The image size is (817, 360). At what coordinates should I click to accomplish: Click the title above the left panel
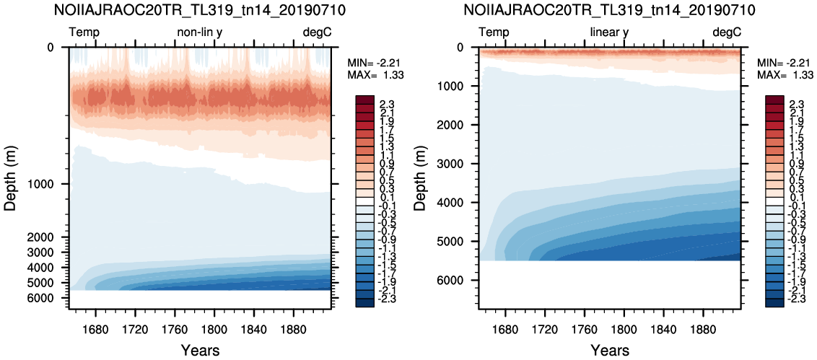tap(200, 9)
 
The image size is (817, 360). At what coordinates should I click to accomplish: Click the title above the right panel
tap(610, 9)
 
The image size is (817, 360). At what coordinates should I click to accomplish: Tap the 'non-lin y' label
tap(200, 32)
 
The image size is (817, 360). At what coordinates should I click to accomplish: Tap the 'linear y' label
tap(610, 32)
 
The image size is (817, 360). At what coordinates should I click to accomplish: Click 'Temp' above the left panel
tap(84, 32)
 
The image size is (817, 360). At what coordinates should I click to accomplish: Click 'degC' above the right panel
tap(726, 32)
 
